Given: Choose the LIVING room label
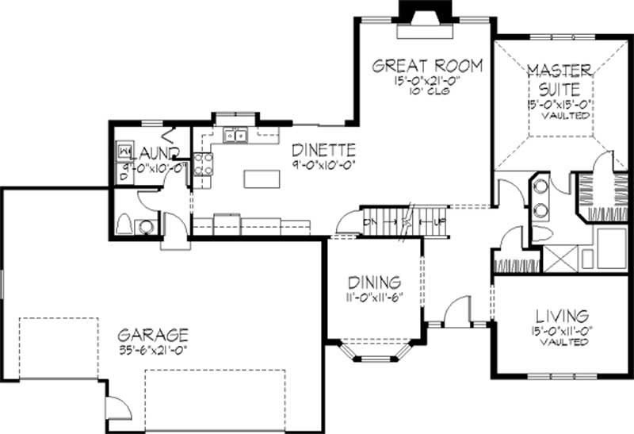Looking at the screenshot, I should (560, 316).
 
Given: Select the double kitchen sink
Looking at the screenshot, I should (235, 136).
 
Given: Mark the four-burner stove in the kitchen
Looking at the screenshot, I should (203, 163).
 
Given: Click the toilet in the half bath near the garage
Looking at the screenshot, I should (125, 225).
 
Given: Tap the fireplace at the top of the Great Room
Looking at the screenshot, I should (425, 13).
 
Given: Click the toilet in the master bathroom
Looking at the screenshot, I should (587, 259).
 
